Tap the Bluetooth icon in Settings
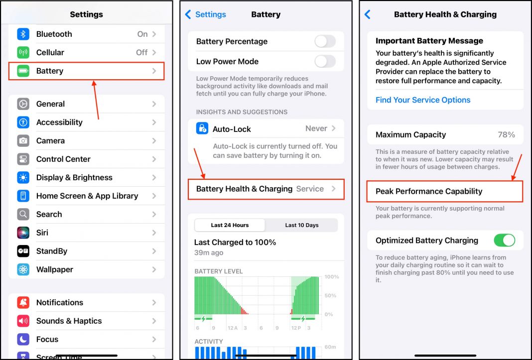23,34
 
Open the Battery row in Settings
86,71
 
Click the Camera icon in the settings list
23,140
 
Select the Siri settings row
86,233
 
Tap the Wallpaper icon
23,269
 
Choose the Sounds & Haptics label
69,321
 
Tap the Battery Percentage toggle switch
325,41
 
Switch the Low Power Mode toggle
325,61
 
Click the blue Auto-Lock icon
202,128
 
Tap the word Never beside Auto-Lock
316,128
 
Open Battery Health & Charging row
266,189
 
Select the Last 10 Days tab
301,225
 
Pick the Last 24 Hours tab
230,225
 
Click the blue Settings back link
206,14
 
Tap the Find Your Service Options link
423,100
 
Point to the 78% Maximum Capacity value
506,134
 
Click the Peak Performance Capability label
429,191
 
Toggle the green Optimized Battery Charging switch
504,240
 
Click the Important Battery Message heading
429,41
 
